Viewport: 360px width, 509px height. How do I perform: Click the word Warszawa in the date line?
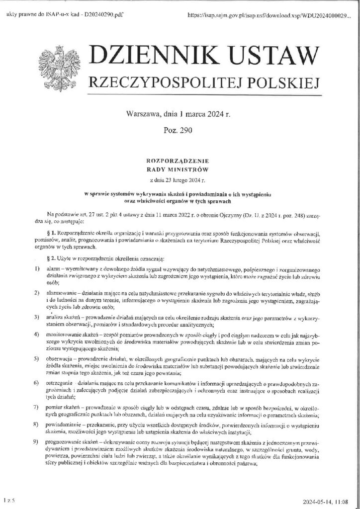(144, 114)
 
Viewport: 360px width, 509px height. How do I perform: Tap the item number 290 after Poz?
(186, 131)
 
